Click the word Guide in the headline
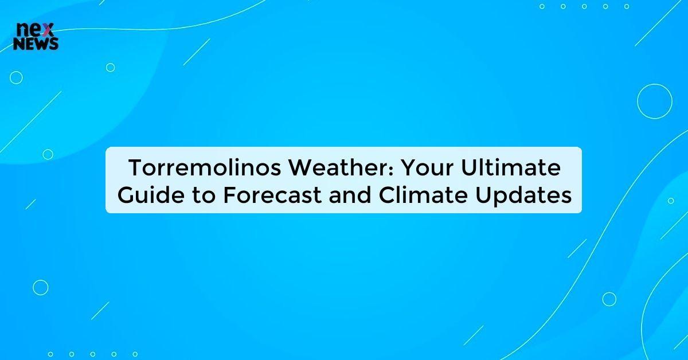point(142,196)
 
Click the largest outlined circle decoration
point(654,101)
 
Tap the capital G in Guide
point(123,196)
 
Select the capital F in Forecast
point(228,196)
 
